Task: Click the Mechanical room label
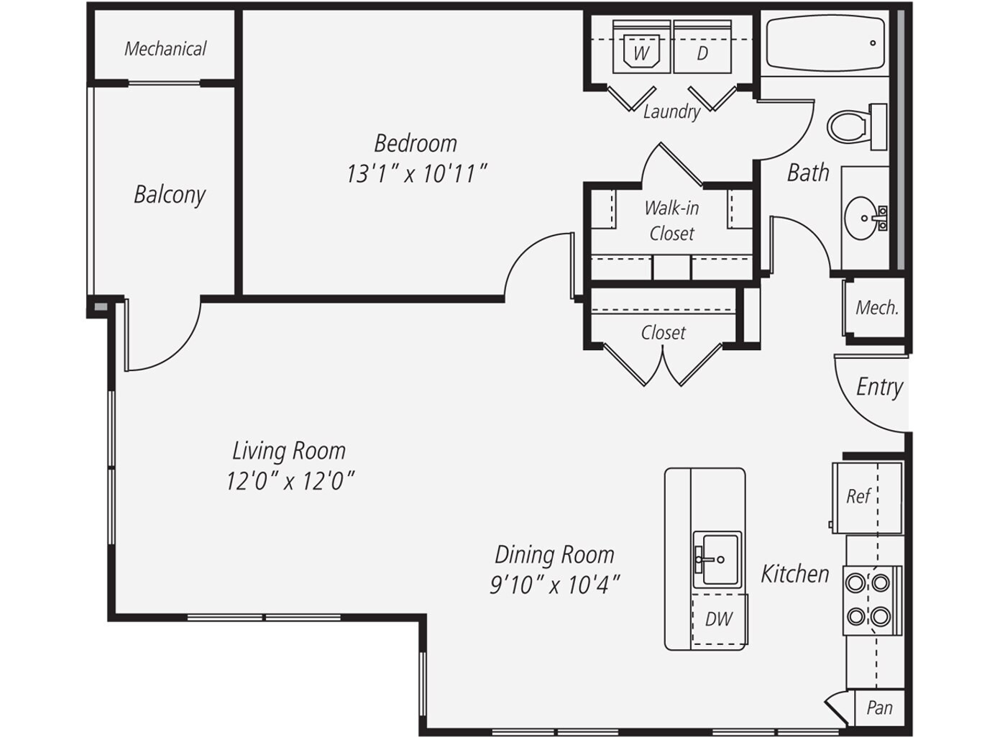[x=165, y=49]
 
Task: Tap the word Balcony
[x=170, y=195]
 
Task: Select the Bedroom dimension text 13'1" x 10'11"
[x=416, y=173]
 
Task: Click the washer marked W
[x=641, y=47]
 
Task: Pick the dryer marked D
[x=702, y=47]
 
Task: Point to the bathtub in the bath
[x=825, y=43]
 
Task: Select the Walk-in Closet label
[x=671, y=221]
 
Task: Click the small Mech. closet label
[x=877, y=308]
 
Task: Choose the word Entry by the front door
[x=879, y=388]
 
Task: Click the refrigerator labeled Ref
[x=867, y=498]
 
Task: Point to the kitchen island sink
[x=717, y=559]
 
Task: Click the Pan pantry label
[x=879, y=708]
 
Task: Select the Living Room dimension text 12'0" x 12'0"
[x=290, y=482]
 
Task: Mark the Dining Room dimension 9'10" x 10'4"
[x=555, y=585]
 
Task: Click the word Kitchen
[x=795, y=574]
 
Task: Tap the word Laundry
[x=672, y=112]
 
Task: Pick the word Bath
[x=808, y=173]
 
